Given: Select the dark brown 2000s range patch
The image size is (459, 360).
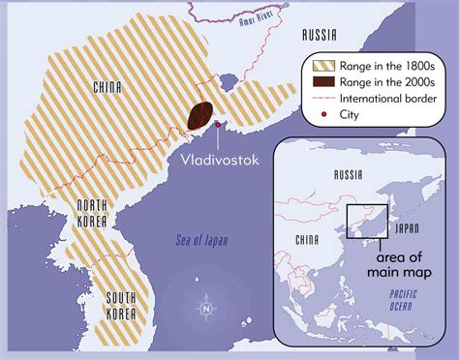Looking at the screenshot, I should [201, 116].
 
